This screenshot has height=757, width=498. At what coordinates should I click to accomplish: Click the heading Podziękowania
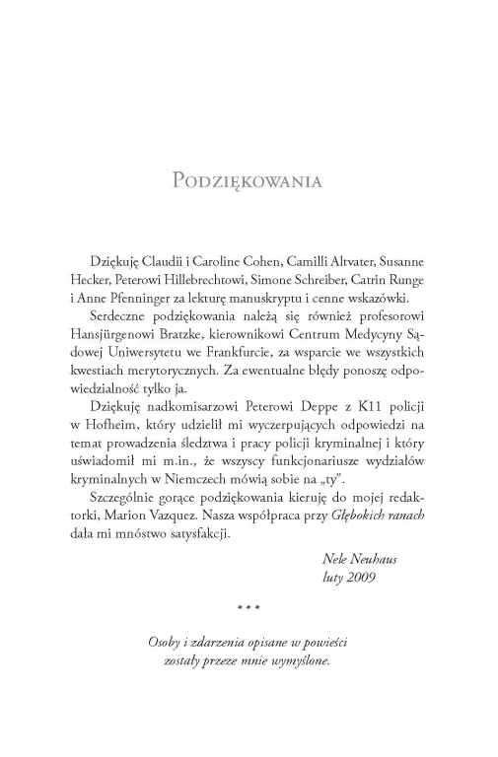click(249, 181)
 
